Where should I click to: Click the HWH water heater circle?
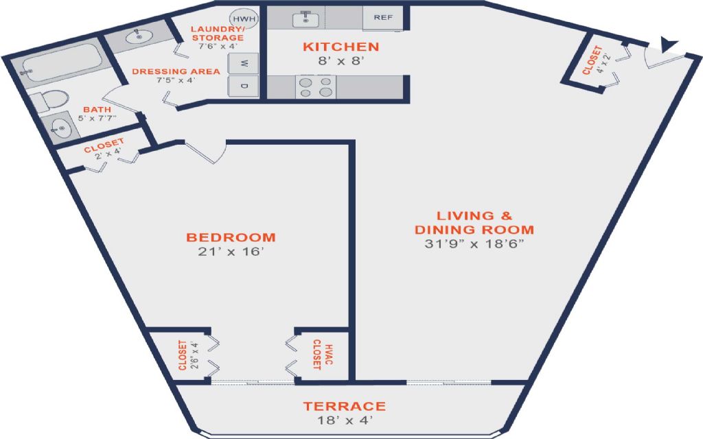pyautogui.click(x=244, y=19)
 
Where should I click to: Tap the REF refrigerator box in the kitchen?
pyautogui.click(x=383, y=18)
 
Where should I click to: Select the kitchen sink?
pyautogui.click(x=306, y=19)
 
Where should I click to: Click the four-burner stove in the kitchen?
pyautogui.click(x=316, y=87)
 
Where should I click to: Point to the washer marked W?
pyautogui.click(x=244, y=64)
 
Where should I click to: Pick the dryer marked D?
pyautogui.click(x=244, y=86)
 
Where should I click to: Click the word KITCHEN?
pyautogui.click(x=341, y=47)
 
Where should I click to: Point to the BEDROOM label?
pyautogui.click(x=231, y=237)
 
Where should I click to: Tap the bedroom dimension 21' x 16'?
pyautogui.click(x=229, y=252)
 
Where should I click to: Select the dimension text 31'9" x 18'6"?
pyautogui.click(x=474, y=244)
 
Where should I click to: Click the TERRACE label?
pyautogui.click(x=345, y=406)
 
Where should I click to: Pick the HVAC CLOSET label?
pyautogui.click(x=322, y=355)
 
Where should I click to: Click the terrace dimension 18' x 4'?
pyautogui.click(x=345, y=420)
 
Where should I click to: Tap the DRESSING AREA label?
pyautogui.click(x=176, y=71)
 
